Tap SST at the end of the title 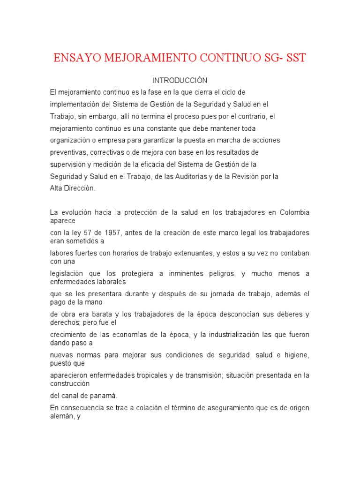pyautogui.click(x=292, y=58)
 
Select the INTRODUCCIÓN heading pyautogui.click(x=180, y=81)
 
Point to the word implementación pyautogui.click(x=76, y=104)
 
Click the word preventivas pyautogui.click(x=68, y=152)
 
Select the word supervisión pyautogui.click(x=68, y=165)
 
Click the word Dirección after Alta pyautogui.click(x=81, y=188)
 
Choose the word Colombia pyautogui.click(x=295, y=212)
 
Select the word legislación pyautogui.click(x=67, y=273)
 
